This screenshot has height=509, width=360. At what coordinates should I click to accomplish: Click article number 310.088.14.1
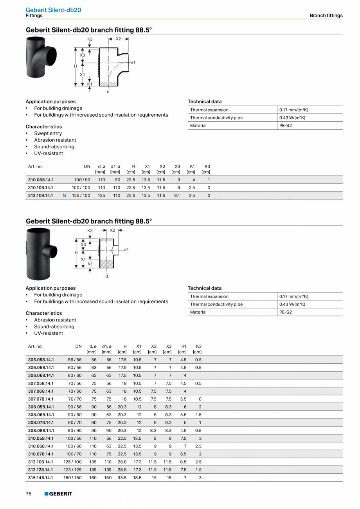(41, 180)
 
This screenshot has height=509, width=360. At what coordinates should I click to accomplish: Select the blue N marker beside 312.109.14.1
(64, 195)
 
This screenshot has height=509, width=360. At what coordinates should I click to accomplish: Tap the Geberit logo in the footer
(58, 494)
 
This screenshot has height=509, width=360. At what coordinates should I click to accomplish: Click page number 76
(29, 494)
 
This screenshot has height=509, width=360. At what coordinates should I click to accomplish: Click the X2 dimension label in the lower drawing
(112, 230)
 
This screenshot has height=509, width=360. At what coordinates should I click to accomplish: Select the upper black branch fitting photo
(41, 57)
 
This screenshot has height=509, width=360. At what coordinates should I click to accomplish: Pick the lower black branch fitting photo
(41, 249)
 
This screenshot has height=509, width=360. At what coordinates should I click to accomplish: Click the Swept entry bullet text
(48, 134)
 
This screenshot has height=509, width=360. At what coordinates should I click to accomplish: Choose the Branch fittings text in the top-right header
(326, 16)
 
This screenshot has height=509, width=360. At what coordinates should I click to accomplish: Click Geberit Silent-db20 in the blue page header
(53, 10)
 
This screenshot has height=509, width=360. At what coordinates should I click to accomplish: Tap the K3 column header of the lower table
(198, 347)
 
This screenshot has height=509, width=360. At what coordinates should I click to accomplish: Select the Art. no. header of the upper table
(35, 166)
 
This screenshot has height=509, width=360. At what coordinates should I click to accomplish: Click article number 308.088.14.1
(41, 430)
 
